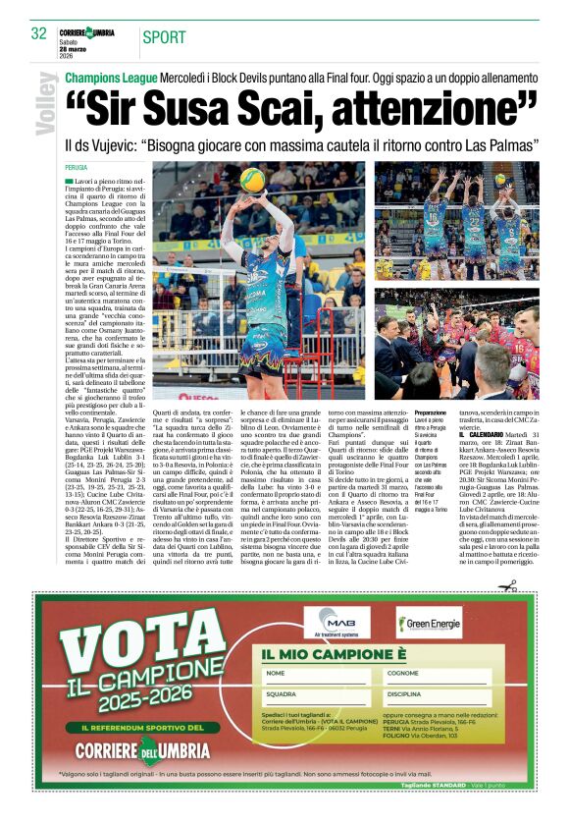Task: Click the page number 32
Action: point(39,33)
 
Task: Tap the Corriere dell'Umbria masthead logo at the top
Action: point(86,33)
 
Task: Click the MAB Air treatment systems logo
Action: point(336,624)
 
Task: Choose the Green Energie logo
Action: point(428,624)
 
